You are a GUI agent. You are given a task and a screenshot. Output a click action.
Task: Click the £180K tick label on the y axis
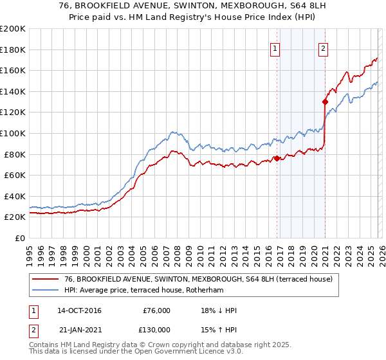click(x=13, y=50)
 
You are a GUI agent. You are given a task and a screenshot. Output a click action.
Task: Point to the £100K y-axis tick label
click(x=13, y=133)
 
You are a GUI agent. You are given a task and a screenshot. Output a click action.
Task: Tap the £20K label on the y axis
click(x=14, y=217)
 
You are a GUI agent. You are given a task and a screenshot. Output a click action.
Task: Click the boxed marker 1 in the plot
click(x=275, y=47)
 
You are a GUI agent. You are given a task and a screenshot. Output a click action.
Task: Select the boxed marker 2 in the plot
click(x=323, y=47)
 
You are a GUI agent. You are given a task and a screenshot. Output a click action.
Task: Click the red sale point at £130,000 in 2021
click(x=326, y=102)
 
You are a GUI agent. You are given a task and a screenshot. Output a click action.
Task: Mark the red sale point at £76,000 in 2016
click(x=277, y=158)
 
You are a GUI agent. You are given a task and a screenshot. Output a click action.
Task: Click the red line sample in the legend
click(x=45, y=279)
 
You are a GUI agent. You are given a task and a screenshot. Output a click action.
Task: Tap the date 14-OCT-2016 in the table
click(x=80, y=310)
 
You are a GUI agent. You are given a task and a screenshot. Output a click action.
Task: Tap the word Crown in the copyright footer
click(x=169, y=344)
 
